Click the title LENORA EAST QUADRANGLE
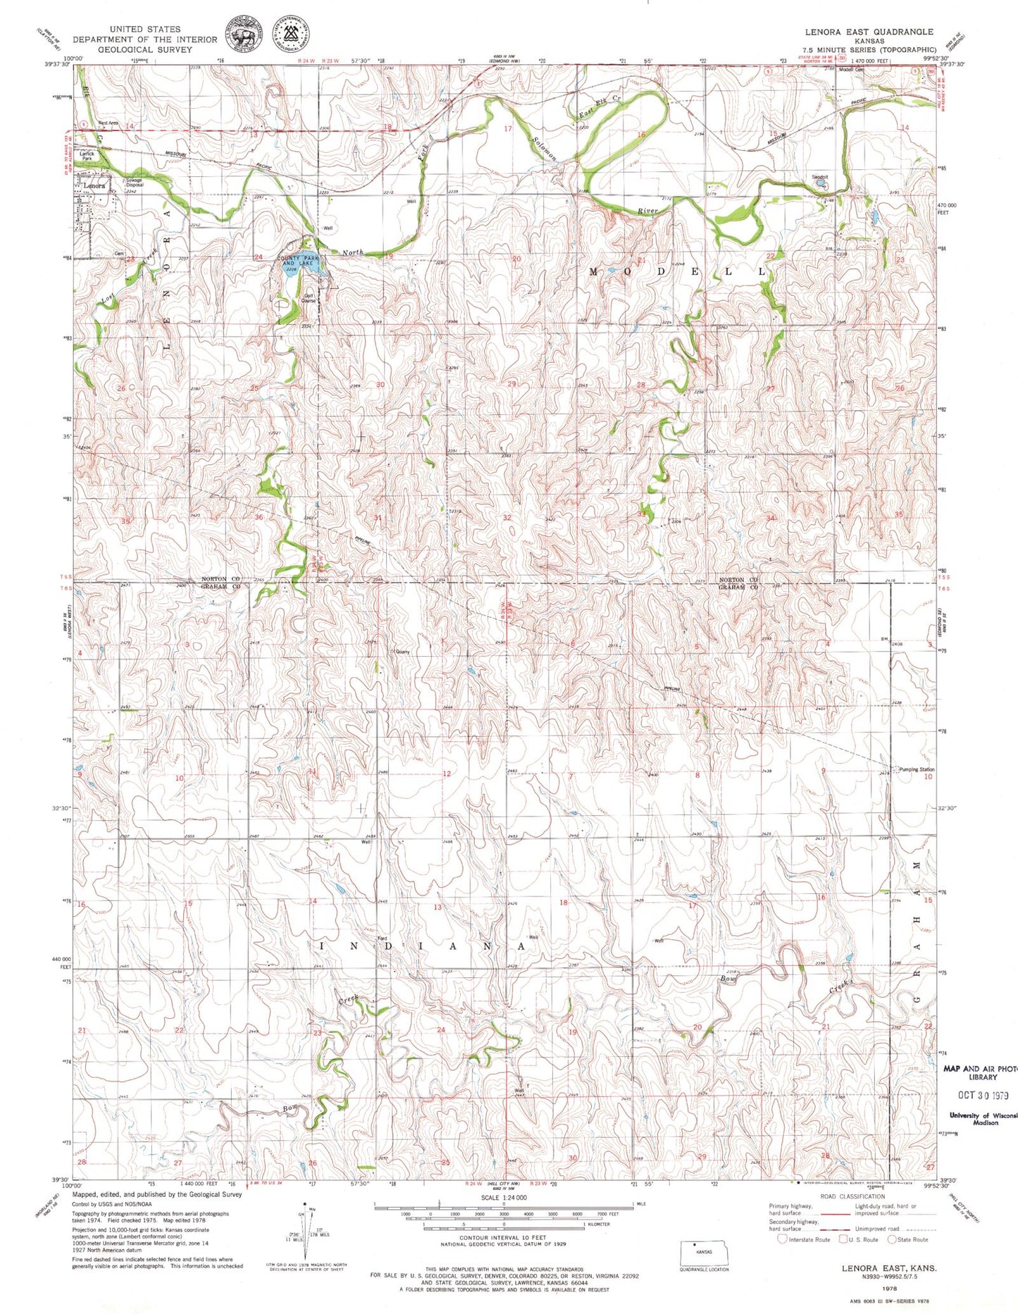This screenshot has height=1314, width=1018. click(869, 32)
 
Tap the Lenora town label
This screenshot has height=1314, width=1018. click(94, 185)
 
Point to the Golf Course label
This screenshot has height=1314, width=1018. click(309, 298)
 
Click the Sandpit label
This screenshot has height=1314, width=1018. click(819, 177)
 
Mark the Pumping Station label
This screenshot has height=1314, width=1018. click(917, 769)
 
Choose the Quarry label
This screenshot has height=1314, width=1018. click(402, 652)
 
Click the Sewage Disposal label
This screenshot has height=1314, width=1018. click(135, 182)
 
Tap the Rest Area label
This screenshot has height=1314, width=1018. click(108, 123)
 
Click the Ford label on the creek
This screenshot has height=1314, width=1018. click(383, 938)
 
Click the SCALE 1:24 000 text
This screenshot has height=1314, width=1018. click(504, 1197)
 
